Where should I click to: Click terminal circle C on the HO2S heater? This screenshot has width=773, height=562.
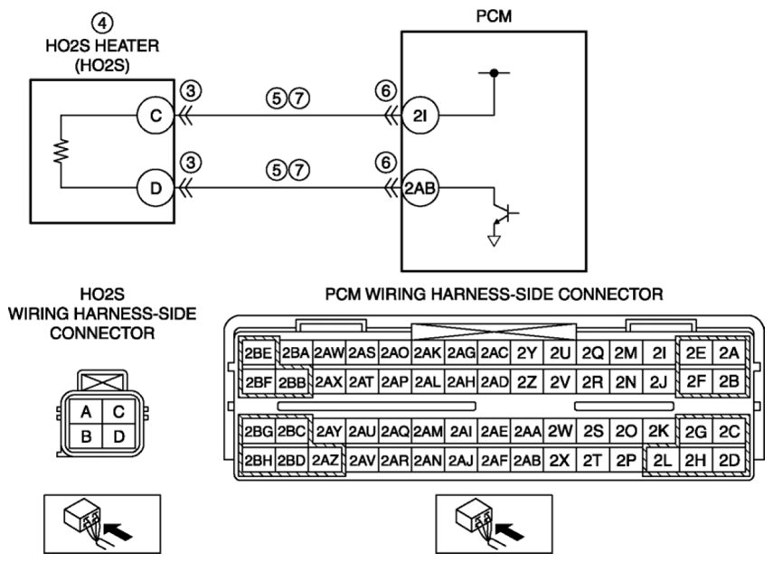click(156, 116)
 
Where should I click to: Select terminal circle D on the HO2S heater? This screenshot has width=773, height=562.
click(156, 188)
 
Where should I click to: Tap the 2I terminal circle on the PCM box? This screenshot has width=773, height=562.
click(420, 116)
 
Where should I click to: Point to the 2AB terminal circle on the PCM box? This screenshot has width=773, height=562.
click(420, 188)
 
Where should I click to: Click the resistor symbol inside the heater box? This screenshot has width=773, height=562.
click(61, 151)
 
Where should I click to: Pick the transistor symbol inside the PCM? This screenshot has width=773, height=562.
click(504, 213)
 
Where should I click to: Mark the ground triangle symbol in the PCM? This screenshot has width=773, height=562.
click(494, 240)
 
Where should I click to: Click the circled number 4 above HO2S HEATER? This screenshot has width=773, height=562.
click(102, 23)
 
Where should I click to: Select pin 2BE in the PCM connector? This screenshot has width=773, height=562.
click(259, 353)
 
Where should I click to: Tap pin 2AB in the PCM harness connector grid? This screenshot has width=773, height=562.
click(526, 461)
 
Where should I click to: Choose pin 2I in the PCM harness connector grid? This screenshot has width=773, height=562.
click(658, 353)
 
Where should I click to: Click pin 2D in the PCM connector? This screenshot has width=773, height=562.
click(729, 461)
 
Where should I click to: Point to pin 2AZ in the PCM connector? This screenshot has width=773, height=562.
click(325, 461)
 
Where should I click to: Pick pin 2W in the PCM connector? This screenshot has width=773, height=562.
click(560, 432)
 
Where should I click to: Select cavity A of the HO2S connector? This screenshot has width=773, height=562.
click(86, 411)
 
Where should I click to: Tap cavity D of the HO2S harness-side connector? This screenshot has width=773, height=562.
click(118, 436)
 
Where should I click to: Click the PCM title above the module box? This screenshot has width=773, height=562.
click(494, 16)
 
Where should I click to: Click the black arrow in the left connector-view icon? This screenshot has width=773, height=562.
click(119, 532)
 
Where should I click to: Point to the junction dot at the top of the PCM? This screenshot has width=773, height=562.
click(494, 73)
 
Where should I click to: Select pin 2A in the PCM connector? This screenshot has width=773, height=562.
click(729, 353)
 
